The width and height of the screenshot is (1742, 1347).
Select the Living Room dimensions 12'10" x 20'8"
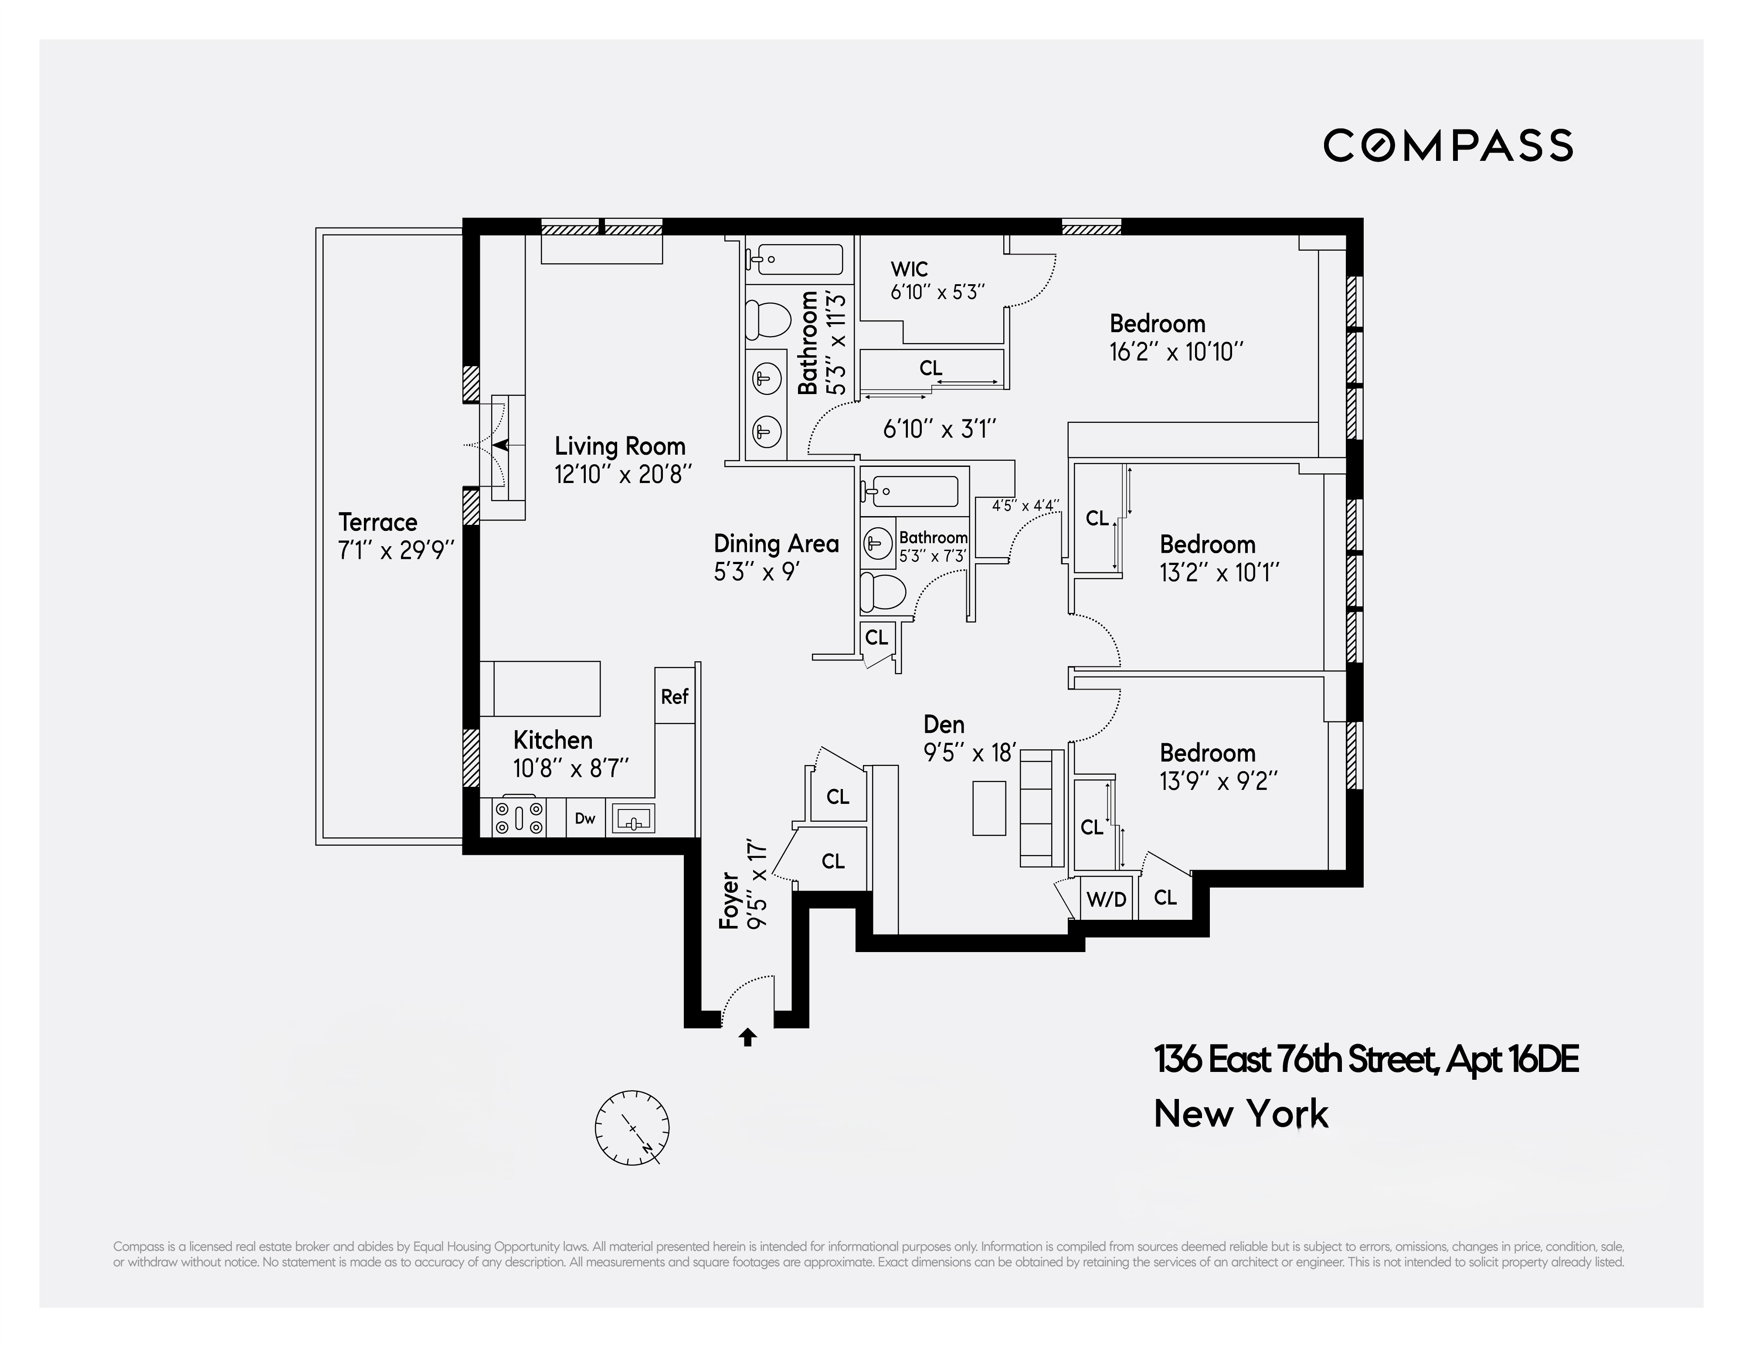pyautogui.click(x=623, y=475)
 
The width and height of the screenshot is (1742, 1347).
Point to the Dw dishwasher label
pyautogui.click(x=585, y=818)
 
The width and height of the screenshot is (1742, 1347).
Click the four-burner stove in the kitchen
pyautogui.click(x=519, y=817)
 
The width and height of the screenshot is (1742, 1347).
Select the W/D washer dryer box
pyautogui.click(x=1106, y=899)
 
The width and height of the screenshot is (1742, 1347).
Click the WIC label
pyautogui.click(x=909, y=269)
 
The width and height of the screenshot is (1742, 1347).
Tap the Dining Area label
pyautogui.click(x=776, y=544)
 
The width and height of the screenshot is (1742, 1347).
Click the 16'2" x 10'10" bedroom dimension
pyautogui.click(x=1176, y=352)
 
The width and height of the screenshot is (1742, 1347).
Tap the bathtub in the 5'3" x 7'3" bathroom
pyautogui.click(x=909, y=492)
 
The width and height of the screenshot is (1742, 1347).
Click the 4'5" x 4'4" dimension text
pyautogui.click(x=1026, y=505)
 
